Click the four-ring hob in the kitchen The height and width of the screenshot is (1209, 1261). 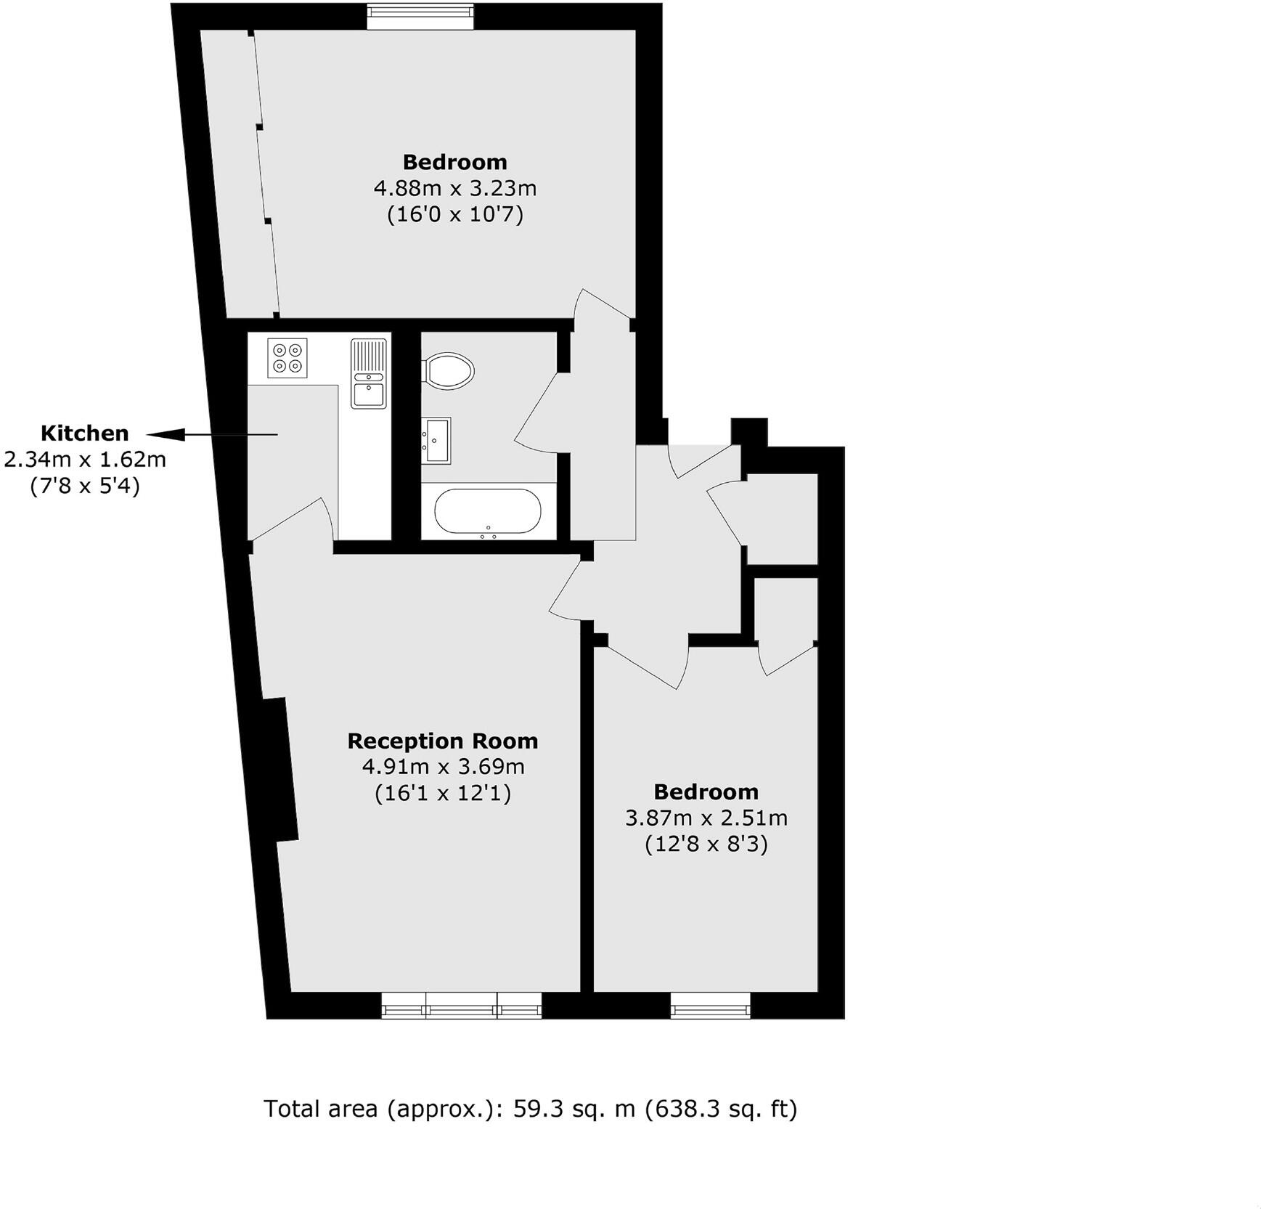[287, 358]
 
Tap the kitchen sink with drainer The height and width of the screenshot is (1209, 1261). [369, 373]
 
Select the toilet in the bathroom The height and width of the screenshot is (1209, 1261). [449, 370]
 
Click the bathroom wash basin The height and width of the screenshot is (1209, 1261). [436, 440]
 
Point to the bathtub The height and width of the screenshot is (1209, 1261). [487, 511]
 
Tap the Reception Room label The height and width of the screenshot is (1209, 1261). [442, 741]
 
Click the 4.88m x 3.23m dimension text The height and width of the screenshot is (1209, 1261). [454, 188]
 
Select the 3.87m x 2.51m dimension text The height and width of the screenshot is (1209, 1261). [706, 818]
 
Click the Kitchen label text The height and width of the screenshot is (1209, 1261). [84, 433]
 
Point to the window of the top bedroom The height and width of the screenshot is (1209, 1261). [420, 16]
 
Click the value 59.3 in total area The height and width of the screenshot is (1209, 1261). [537, 1109]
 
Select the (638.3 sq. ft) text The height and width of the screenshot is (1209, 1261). [721, 1109]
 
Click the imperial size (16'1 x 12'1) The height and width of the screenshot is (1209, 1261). [442, 792]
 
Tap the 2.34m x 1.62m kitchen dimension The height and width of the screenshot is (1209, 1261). [85, 460]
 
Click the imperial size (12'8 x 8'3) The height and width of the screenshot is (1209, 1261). [706, 844]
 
